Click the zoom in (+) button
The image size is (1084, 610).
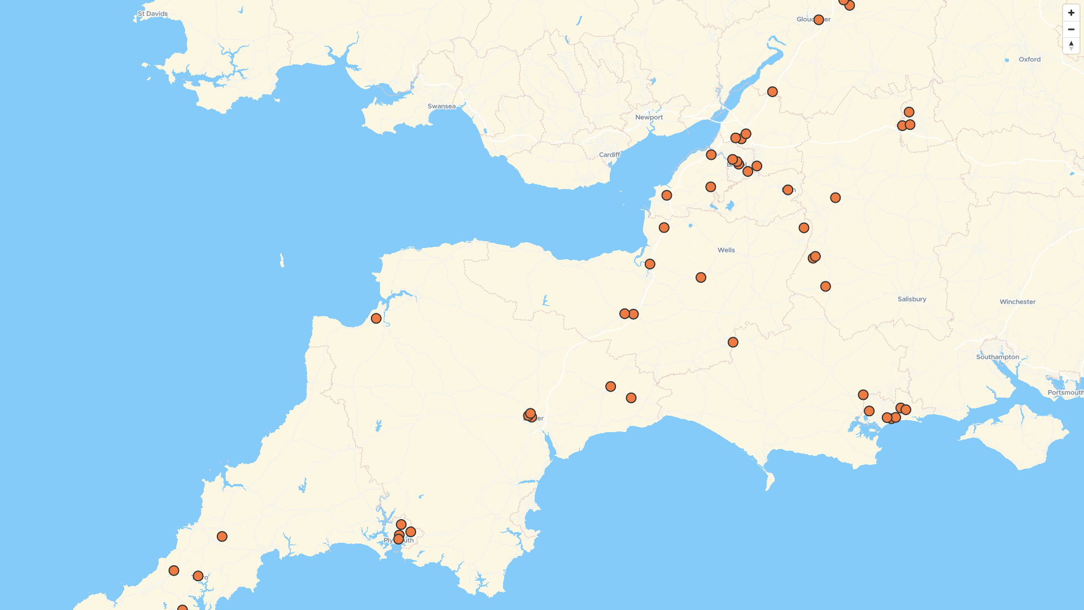(x=1071, y=12)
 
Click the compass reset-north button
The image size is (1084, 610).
(x=1071, y=45)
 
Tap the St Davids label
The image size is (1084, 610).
(x=152, y=14)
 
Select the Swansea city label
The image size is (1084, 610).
(x=441, y=106)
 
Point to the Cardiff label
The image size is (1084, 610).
(x=609, y=155)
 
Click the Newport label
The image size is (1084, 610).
(x=649, y=117)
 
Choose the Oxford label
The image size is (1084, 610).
(x=1029, y=59)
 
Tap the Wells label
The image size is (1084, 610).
(x=726, y=250)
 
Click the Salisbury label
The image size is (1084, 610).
(x=912, y=299)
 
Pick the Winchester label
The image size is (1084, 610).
(x=1017, y=302)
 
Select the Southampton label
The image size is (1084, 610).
(x=998, y=357)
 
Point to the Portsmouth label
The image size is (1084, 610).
(x=1065, y=393)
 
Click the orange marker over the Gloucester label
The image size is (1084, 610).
(x=819, y=20)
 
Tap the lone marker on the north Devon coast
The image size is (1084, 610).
(x=376, y=319)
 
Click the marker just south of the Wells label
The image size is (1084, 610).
(x=701, y=277)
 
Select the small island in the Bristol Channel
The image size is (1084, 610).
(x=282, y=260)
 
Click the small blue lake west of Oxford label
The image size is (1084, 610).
(x=1007, y=60)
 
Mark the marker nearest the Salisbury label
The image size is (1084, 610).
(x=825, y=286)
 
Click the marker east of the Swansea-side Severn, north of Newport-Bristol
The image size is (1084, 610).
(x=772, y=91)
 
